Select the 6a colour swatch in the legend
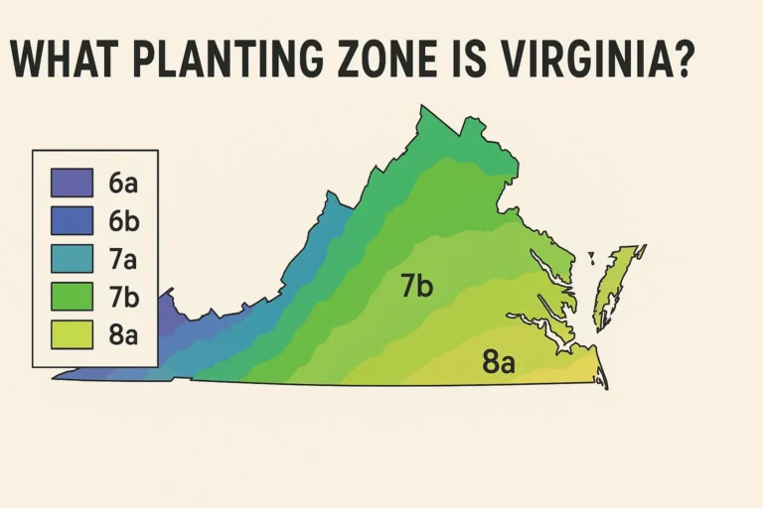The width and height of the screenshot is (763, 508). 71,183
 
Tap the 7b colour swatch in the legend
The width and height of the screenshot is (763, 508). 71,296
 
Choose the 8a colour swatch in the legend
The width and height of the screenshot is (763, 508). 71,333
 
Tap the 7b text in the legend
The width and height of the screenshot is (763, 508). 123,296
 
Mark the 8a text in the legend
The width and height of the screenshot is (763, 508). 123,333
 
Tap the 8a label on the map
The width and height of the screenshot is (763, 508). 499,362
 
